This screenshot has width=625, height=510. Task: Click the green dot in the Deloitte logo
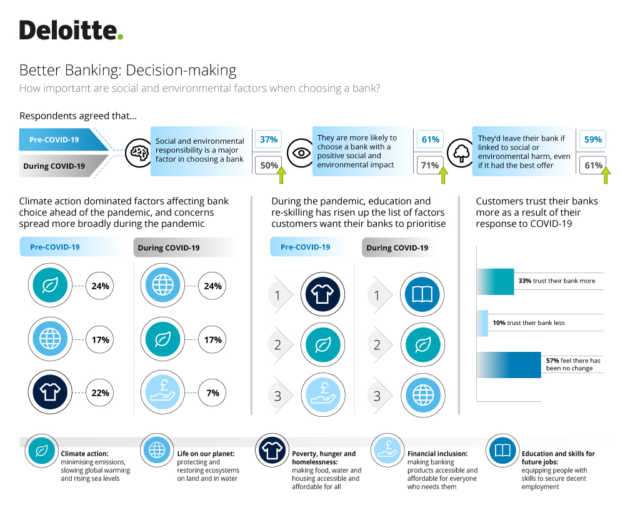(x=121, y=37)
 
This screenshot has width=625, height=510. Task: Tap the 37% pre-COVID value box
(x=268, y=139)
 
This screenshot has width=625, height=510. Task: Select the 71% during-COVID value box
(x=430, y=165)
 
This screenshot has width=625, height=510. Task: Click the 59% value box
(x=592, y=139)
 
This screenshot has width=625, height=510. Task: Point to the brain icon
(x=139, y=152)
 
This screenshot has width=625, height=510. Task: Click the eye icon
(x=301, y=152)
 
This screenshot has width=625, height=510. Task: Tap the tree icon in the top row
(x=461, y=152)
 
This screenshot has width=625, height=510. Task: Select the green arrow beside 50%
(x=281, y=175)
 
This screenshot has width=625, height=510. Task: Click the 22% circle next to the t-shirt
(x=100, y=392)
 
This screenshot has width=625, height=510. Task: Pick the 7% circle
(x=212, y=392)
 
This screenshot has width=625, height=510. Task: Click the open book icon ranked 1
(x=422, y=294)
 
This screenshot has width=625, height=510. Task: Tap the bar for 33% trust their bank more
(x=496, y=281)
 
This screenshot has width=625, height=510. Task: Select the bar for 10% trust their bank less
(x=482, y=323)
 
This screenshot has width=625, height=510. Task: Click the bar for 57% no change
(x=509, y=365)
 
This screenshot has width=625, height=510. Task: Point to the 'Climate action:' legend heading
(x=84, y=453)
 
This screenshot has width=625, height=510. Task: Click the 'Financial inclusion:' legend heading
(x=437, y=453)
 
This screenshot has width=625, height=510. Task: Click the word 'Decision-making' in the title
(x=181, y=71)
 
